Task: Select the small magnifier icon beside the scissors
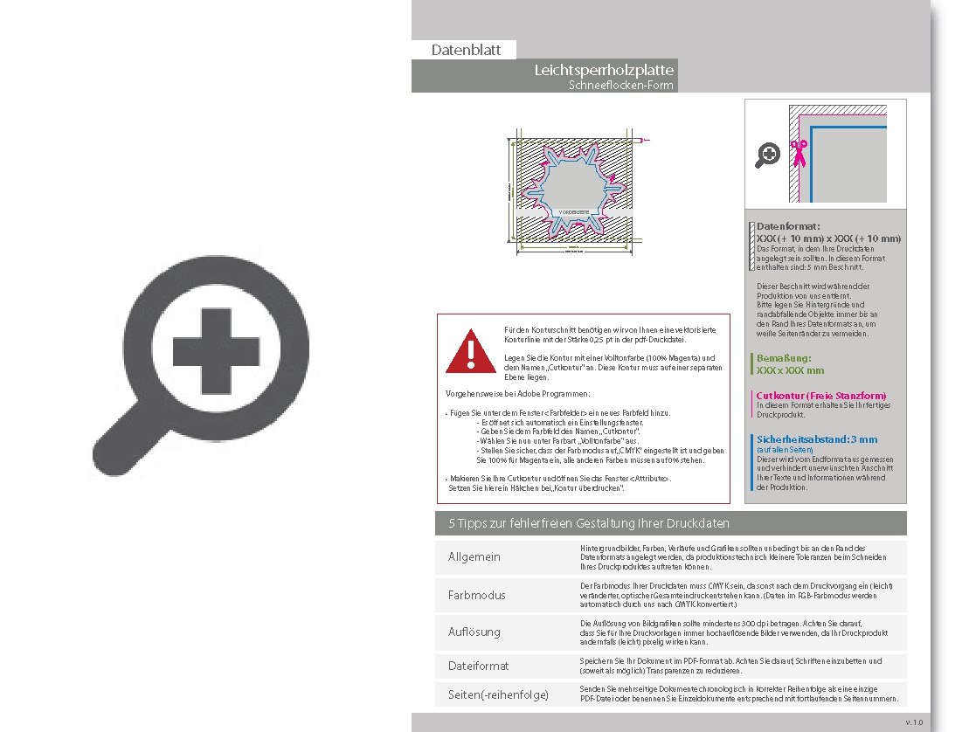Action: [767, 155]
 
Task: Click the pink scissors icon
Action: [798, 153]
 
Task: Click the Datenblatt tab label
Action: [466, 50]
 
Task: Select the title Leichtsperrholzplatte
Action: [604, 70]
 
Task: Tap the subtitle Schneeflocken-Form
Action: [620, 86]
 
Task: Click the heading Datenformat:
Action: [788, 227]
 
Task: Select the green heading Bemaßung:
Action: [784, 358]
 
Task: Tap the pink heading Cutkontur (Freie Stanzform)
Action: [820, 396]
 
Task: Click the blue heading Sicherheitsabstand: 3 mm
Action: [816, 439]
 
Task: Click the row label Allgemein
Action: [474, 557]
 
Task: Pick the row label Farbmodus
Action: [477, 595]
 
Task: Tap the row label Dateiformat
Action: [479, 666]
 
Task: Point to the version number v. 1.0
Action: [913, 722]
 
